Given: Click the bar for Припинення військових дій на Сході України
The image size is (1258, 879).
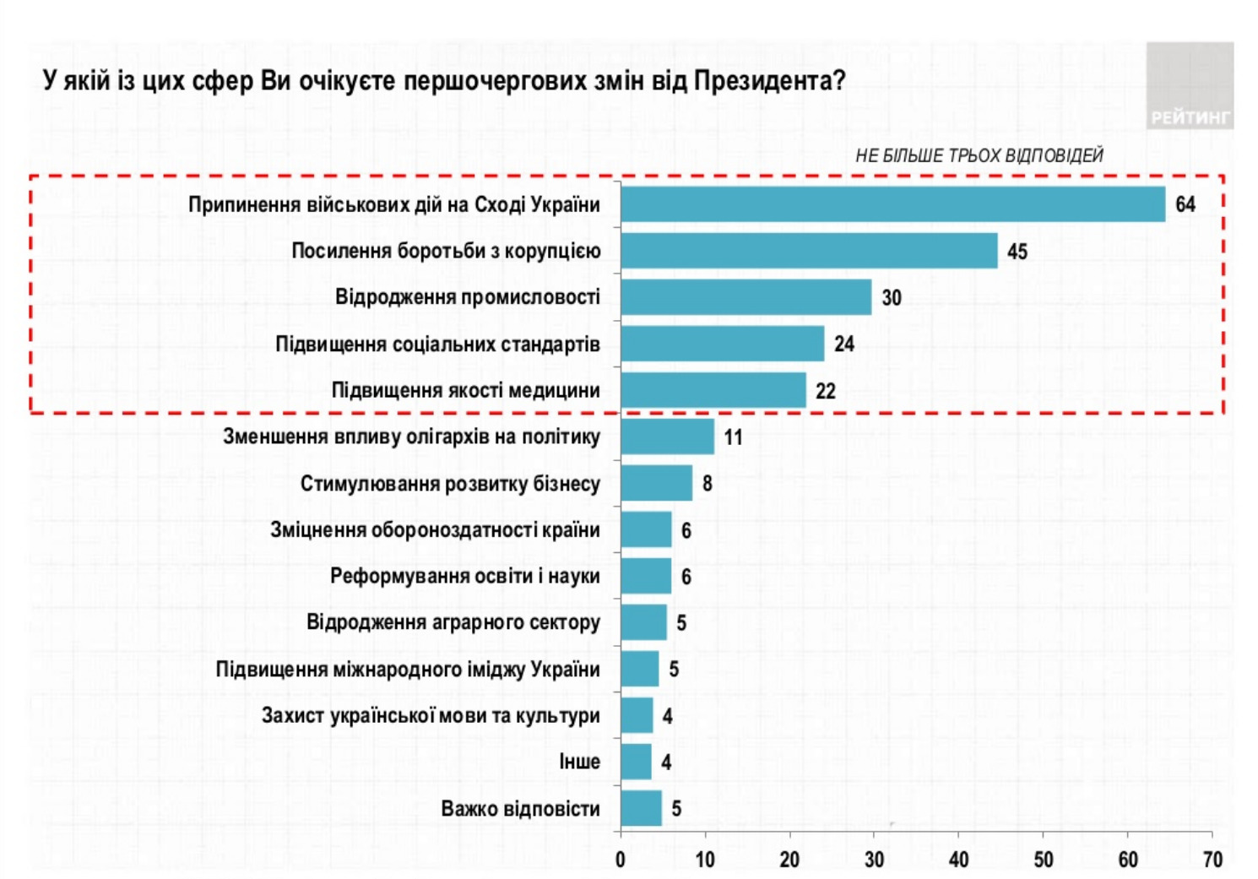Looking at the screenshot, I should pos(892,204).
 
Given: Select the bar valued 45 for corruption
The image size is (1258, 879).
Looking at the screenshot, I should pos(809,251).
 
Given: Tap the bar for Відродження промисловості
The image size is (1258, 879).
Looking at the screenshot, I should pos(746,297).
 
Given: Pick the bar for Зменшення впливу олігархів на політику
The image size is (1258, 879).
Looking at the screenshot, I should pos(667,437).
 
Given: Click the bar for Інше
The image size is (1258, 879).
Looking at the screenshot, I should pos(636,762).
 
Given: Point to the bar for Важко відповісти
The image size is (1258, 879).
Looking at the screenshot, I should pos(641,808).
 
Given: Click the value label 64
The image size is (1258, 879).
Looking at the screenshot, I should pos(1185,204).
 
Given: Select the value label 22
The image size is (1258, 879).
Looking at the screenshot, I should pos(826,391).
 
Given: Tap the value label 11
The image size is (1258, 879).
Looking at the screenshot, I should pos(733,437).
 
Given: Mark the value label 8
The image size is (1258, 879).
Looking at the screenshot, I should pos(708,484).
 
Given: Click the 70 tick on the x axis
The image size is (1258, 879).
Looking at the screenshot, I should pos(1212,860).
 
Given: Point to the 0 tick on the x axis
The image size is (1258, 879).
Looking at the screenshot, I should pos(621,860).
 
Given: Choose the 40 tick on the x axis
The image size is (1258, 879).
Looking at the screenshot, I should pos(959,860).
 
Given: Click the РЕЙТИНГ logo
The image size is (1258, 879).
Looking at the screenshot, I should pos(1190,117).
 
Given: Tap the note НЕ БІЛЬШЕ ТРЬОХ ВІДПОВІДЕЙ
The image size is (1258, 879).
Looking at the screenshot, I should pos(979,155).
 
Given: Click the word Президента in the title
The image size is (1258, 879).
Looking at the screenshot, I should pos(770,81).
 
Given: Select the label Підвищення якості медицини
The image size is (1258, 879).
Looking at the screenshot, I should pos(465,391).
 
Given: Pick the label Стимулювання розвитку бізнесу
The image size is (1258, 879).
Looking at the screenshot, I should pos(450,484).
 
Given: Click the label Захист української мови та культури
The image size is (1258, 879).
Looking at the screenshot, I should pos(431,716).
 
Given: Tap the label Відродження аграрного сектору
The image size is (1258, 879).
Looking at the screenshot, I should pos(453,623).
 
